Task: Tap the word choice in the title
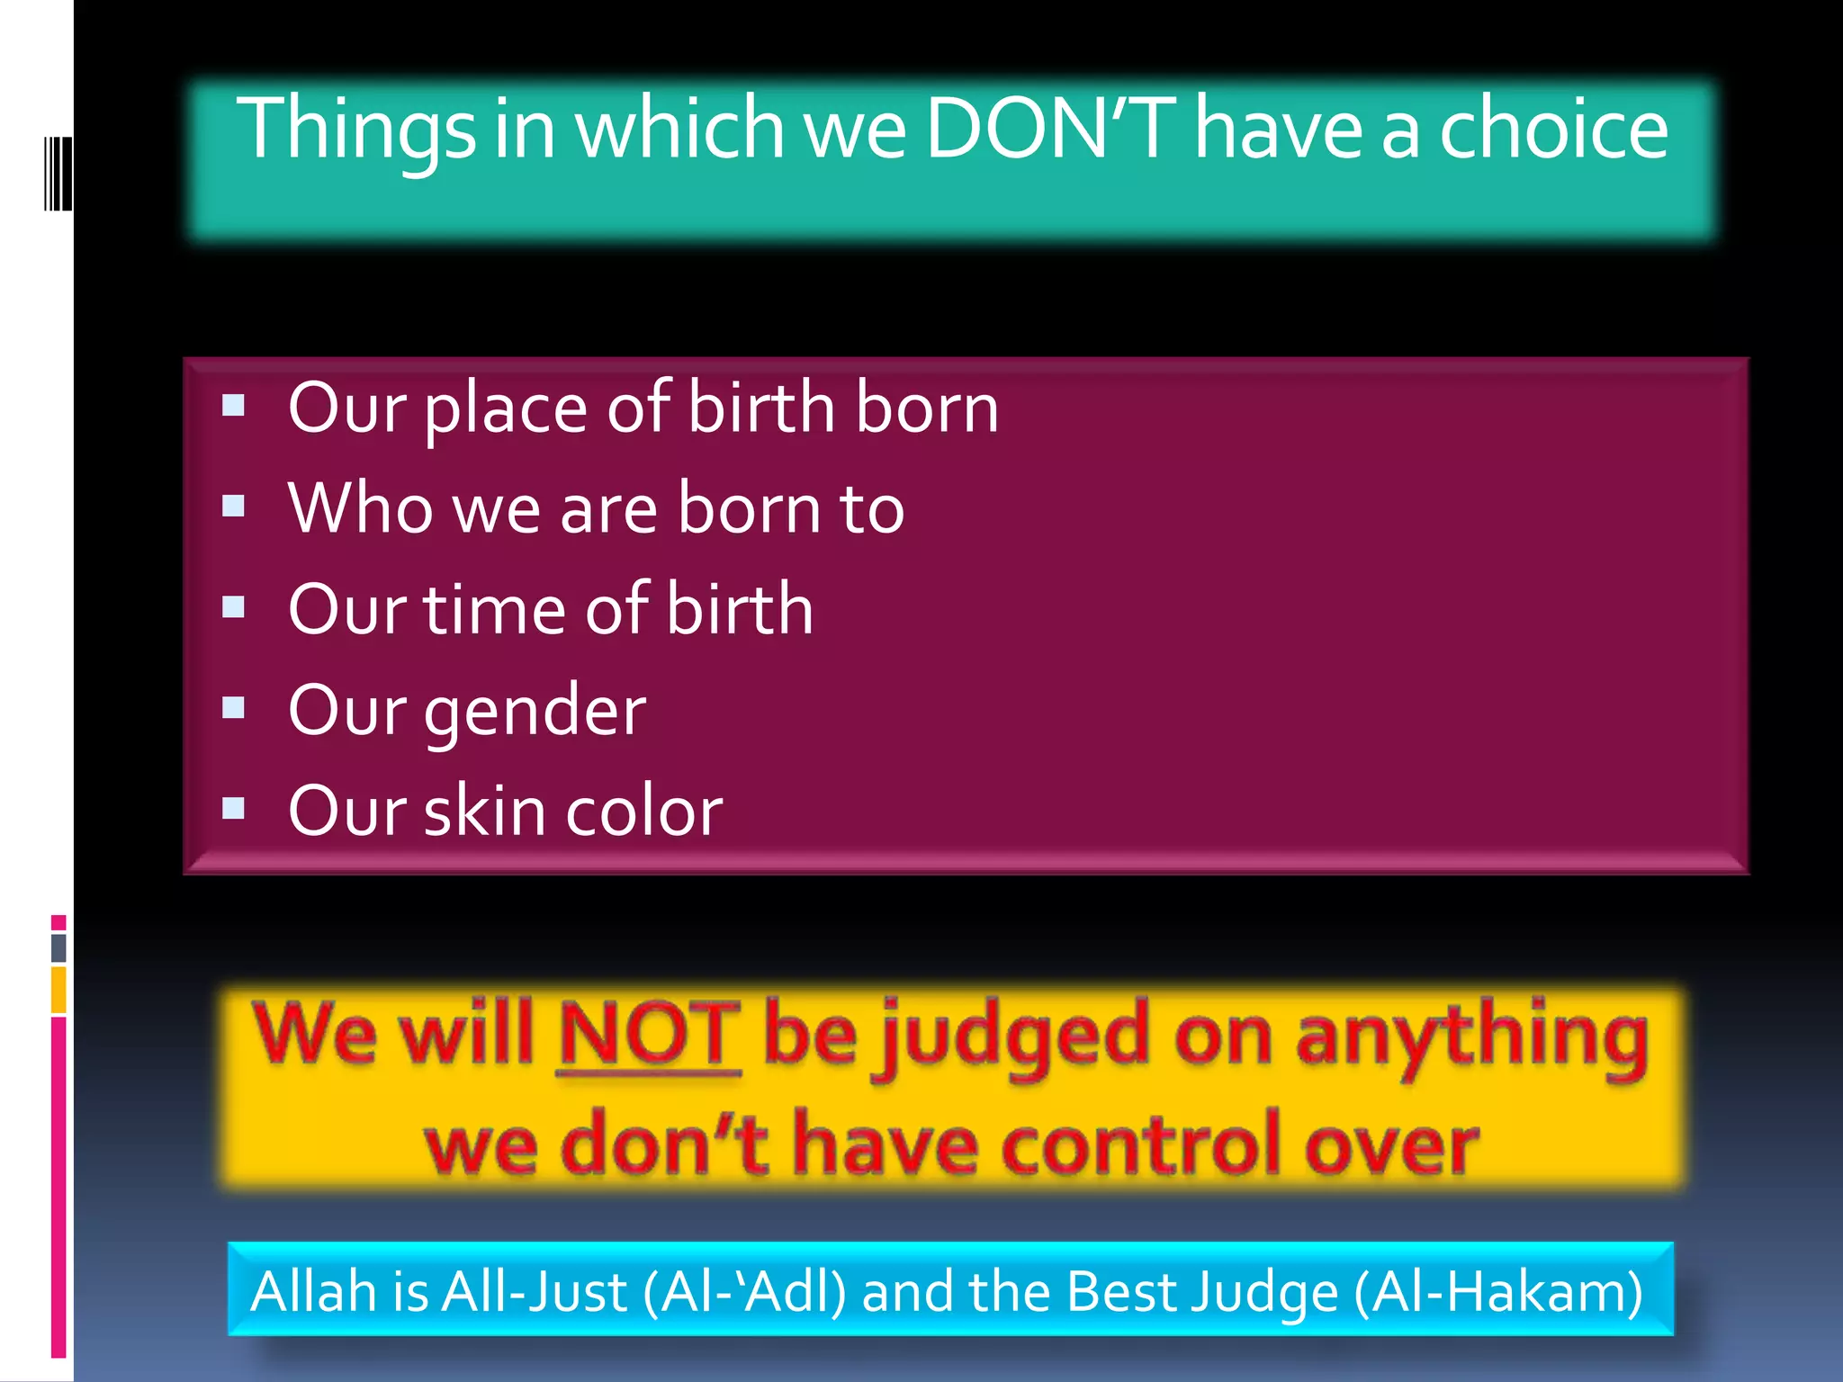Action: pyautogui.click(x=1553, y=128)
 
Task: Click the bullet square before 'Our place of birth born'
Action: pyautogui.click(x=234, y=405)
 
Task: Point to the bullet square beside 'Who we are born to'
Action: pyautogui.click(x=234, y=506)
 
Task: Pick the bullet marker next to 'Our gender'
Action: pyautogui.click(x=234, y=707)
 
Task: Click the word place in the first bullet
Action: pyautogui.click(x=506, y=409)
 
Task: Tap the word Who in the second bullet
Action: pyautogui.click(x=360, y=508)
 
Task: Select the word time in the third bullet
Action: pyautogui.click(x=493, y=609)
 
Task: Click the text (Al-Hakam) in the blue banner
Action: pyautogui.click(x=1498, y=1291)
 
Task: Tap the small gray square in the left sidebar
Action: pyautogui.click(x=58, y=947)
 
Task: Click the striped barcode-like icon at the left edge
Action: pyautogui.click(x=58, y=173)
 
